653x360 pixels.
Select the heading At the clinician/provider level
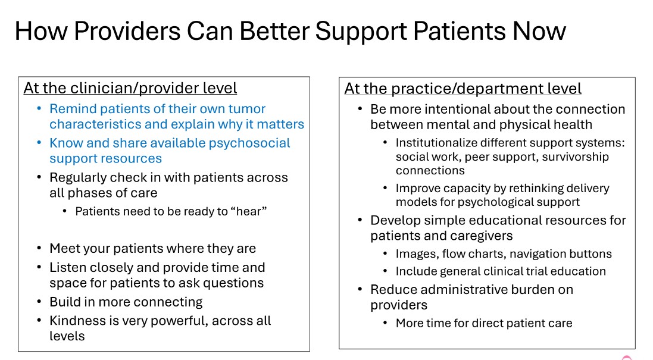pyautogui.click(x=130, y=88)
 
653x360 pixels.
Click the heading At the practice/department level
pyautogui.click(x=463, y=89)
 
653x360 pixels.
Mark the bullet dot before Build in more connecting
pyautogui.click(x=39, y=302)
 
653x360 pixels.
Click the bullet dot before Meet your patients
pyautogui.click(x=39, y=249)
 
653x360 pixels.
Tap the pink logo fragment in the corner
pyautogui.click(x=626, y=357)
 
